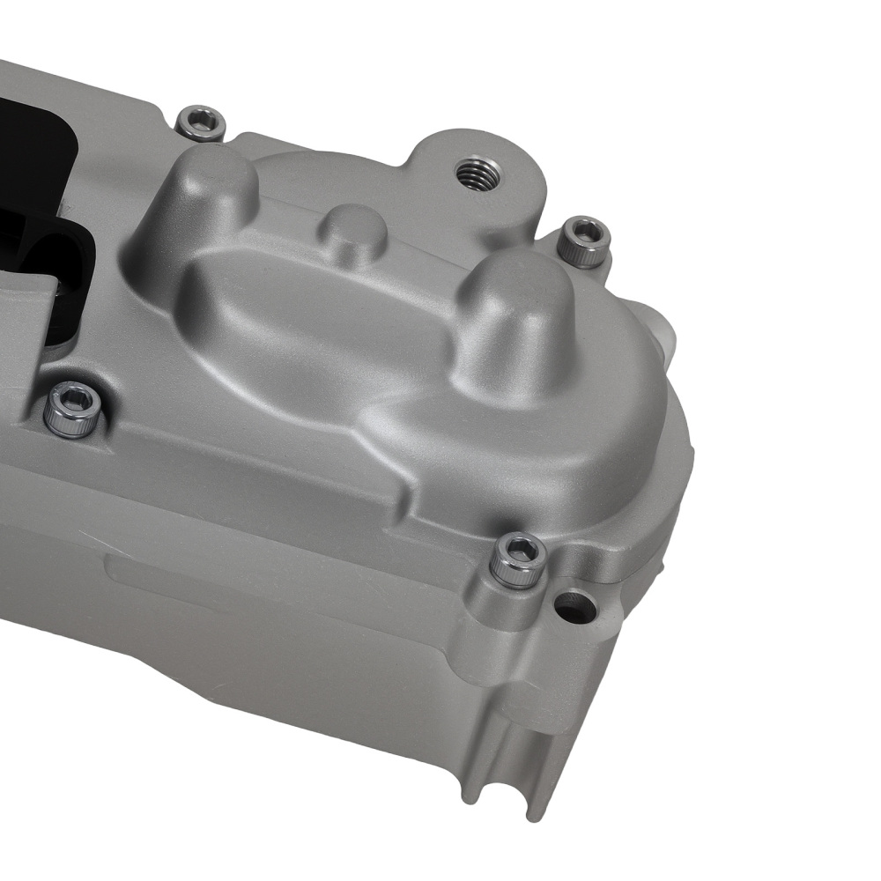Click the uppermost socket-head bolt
click(x=201, y=122)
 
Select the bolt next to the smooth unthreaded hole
click(x=519, y=559)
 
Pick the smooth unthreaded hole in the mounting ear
click(x=570, y=604)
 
